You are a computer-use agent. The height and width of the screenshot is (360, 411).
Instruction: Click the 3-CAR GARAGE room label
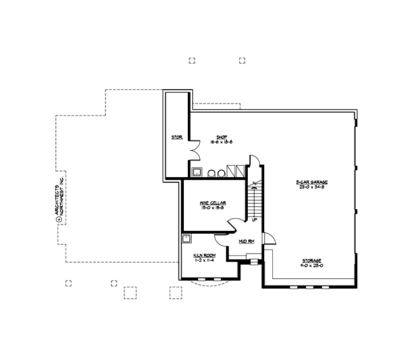(311, 182)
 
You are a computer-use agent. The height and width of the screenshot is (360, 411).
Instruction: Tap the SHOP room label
(214, 137)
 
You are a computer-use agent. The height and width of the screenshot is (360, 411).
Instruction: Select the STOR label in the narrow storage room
(176, 137)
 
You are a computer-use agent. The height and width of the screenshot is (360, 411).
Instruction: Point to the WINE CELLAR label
(212, 203)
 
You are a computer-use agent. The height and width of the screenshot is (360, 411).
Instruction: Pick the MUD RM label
(247, 242)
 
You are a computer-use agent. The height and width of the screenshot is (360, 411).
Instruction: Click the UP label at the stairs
(255, 219)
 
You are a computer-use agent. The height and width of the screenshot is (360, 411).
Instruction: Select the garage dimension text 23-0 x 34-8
(311, 187)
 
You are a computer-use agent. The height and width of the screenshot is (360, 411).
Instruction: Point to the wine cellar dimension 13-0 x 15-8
(212, 208)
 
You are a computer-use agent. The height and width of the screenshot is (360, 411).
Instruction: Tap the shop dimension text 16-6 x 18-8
(214, 141)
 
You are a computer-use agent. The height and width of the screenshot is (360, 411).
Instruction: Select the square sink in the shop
(197, 173)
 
